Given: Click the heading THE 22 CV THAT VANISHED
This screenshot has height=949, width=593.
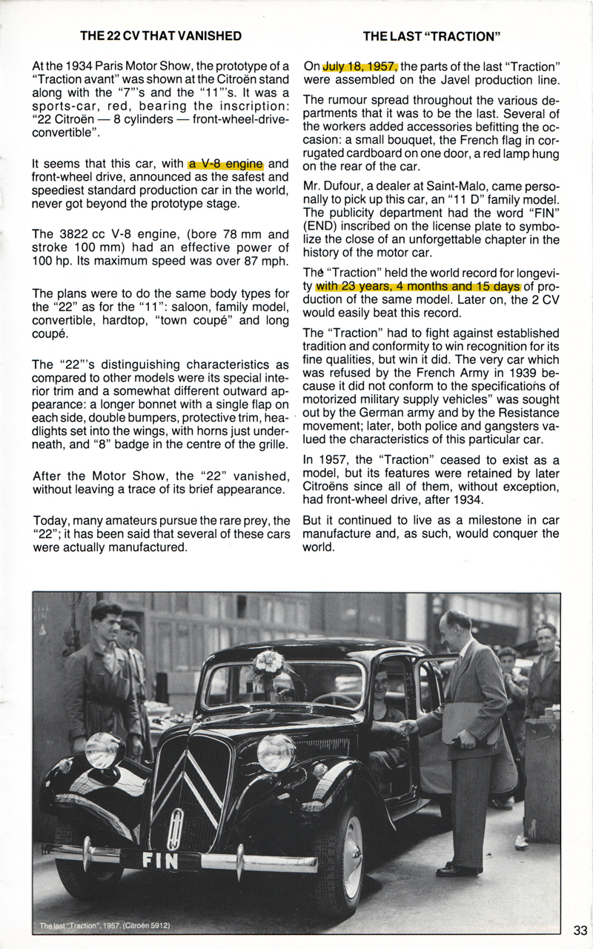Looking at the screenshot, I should [161, 36].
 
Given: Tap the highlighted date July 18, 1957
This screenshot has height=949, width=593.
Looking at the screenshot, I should [360, 67].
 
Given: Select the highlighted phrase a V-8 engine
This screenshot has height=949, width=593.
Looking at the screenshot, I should [226, 164].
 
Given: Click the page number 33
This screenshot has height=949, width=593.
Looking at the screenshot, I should [580, 930].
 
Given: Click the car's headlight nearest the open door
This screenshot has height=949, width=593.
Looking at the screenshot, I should [276, 753].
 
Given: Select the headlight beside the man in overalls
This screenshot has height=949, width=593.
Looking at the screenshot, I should [104, 750].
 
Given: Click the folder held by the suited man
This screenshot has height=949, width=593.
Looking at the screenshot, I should [469, 722].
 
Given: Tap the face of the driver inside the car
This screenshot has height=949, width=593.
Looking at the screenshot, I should [380, 680].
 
